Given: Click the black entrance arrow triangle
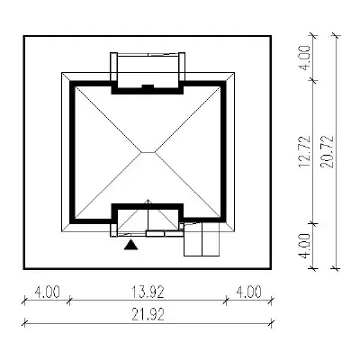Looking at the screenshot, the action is (x=130, y=245).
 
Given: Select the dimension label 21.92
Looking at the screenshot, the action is (x=148, y=315).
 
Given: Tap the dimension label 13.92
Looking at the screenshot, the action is (x=148, y=292).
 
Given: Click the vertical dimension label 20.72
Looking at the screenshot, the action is (x=327, y=152).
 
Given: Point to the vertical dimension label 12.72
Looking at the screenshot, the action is (x=304, y=152).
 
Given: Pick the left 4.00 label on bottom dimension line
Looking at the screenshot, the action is (x=47, y=292).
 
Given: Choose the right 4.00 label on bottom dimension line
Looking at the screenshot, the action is (x=248, y=292).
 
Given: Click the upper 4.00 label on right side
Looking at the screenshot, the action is (x=304, y=58).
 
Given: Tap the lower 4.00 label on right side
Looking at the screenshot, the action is (x=304, y=246).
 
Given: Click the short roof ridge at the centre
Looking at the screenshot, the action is (x=148, y=152).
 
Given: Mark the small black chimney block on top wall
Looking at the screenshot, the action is (x=148, y=86).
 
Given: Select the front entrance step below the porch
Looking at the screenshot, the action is (x=155, y=234).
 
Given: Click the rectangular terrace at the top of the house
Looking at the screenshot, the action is (x=148, y=69).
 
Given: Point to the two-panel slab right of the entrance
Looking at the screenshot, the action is (x=202, y=239).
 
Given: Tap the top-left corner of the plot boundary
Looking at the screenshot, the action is (x=24, y=36).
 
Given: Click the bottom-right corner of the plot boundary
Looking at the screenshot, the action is (x=271, y=268).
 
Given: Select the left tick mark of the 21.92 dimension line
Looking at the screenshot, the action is (x=25, y=323).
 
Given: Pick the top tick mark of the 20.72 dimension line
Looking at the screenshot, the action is (x=336, y=36).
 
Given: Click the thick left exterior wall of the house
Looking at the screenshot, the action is (x=72, y=152).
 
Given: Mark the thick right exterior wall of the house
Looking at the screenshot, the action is (x=223, y=151).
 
